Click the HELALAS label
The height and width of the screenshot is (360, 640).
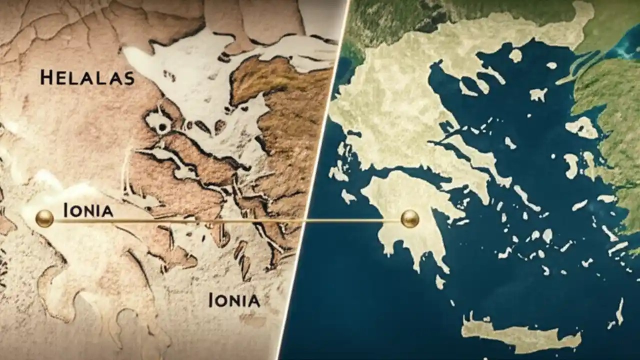point(87,78)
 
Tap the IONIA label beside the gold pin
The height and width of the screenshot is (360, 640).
point(88,211)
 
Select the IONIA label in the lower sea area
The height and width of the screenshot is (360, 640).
point(234,300)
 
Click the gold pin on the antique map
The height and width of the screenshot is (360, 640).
point(44,218)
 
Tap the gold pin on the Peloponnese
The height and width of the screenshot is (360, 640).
point(410,218)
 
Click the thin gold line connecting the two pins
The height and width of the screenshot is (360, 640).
point(225,220)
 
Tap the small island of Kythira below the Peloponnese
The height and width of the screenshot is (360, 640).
point(440,282)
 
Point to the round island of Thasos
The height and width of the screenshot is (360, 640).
point(515,55)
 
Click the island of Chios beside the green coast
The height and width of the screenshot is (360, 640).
point(571,165)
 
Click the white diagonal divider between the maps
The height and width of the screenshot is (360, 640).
point(312,180)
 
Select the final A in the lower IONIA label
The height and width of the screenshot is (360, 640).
point(253,300)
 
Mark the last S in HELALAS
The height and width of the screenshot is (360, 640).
point(128,78)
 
